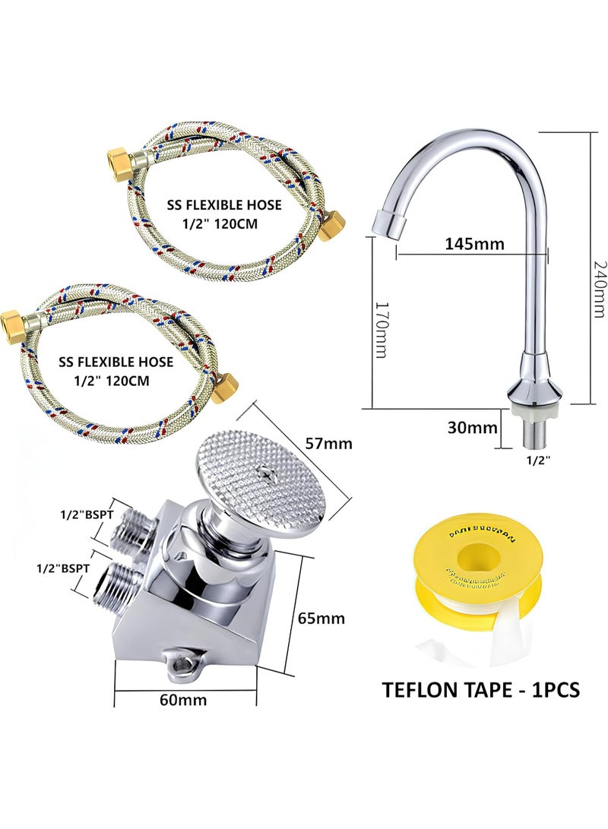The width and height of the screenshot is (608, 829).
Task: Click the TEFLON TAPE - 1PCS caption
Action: [480, 689]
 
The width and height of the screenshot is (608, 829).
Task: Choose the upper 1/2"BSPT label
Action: [85, 514]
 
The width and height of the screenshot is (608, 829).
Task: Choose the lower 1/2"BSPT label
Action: [65, 567]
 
